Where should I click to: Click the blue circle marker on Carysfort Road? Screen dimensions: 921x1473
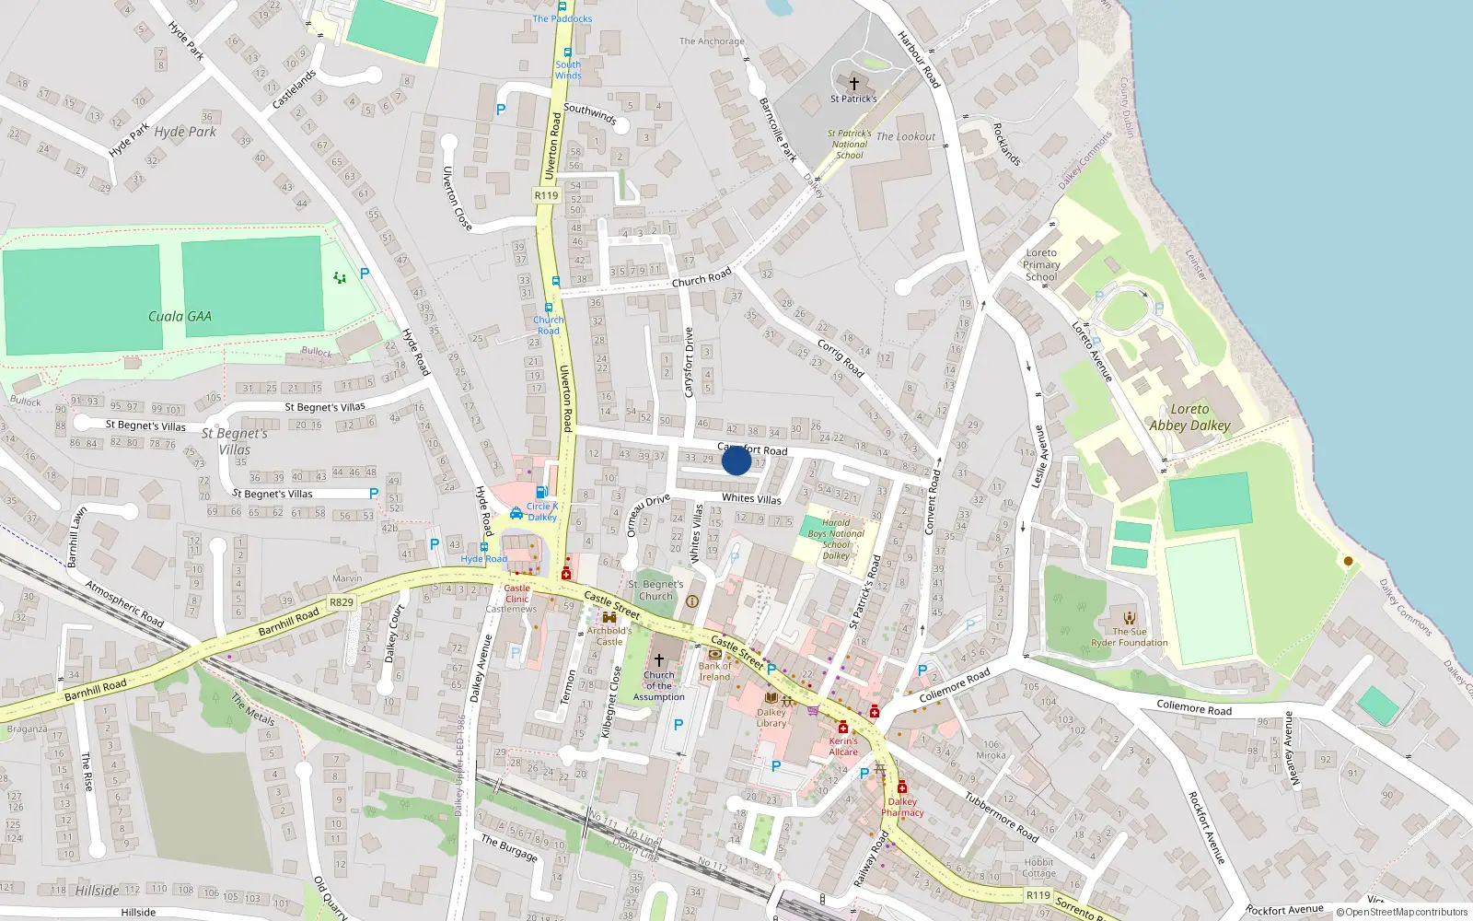pos(736,460)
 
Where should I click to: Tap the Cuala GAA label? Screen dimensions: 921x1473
pos(180,316)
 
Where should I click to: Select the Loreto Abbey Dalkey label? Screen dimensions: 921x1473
pos(1189,417)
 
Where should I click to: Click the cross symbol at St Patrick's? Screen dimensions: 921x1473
pos(853,83)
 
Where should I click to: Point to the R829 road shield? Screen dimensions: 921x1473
pos(342,602)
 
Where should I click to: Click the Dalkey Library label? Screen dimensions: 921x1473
pos(771,717)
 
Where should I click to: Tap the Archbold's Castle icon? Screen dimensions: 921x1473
pos(609,617)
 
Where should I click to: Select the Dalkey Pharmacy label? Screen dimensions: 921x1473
pos(902,807)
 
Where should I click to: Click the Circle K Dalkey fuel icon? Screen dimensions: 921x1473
pos(542,492)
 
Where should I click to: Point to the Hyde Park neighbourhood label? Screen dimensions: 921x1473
pos(185,132)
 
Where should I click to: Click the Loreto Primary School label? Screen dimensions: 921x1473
pos(1041,264)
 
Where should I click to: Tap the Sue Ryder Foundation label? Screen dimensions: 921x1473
pos(1130,637)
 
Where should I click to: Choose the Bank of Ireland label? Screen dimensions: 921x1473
pos(714,671)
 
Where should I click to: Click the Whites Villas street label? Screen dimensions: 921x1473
pos(751,498)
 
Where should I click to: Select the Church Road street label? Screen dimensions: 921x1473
pos(702,277)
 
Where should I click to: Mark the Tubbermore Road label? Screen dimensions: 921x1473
pos(1002,817)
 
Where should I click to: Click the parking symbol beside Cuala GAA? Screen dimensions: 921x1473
pos(365,273)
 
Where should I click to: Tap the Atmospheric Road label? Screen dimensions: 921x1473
pos(124,603)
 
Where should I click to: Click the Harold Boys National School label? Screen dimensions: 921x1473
pos(836,539)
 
